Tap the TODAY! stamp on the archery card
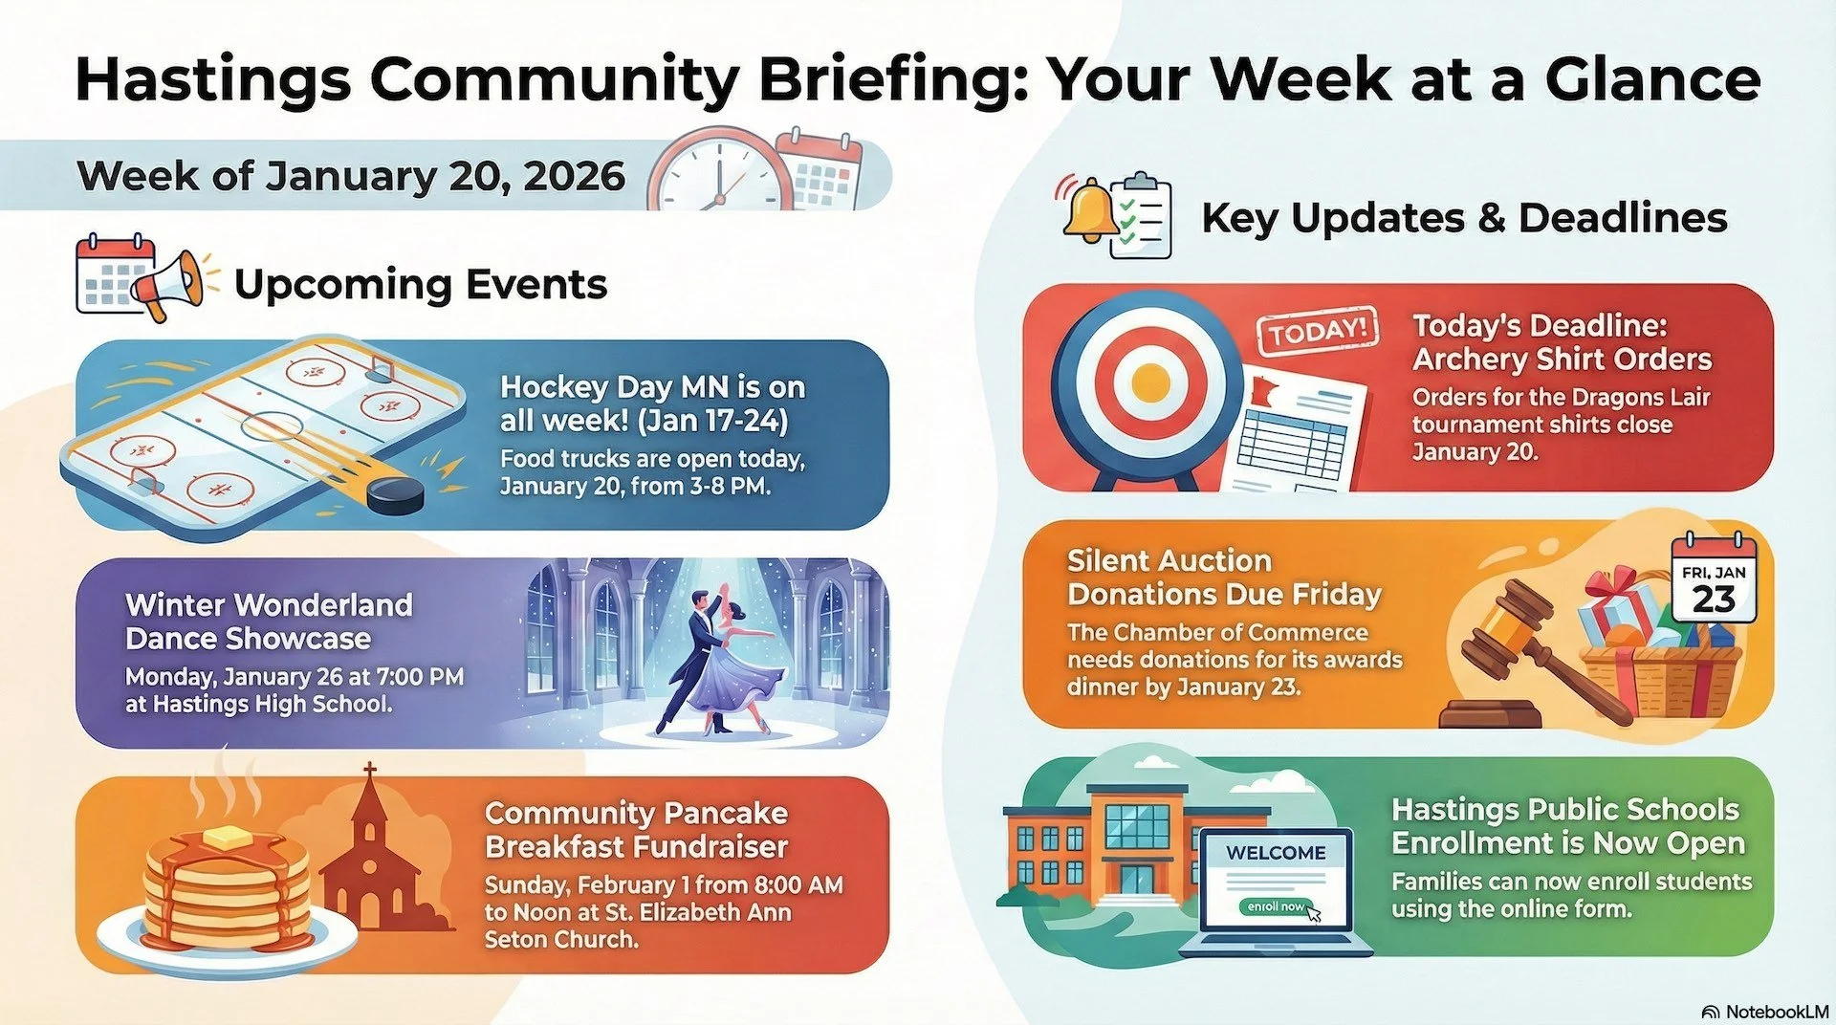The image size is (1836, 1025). coord(1318,332)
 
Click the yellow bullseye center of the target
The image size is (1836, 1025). coord(1150,383)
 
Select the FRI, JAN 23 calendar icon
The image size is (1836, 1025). coord(1714,583)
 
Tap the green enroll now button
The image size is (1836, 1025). coord(1277,905)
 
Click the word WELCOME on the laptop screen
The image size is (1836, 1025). coord(1276,853)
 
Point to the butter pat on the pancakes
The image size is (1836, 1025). coord(225,836)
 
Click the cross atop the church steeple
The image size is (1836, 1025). coord(369,771)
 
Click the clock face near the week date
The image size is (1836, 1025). coord(716,172)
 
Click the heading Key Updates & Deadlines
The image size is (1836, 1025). coord(1463,218)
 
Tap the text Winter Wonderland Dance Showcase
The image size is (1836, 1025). coord(269,622)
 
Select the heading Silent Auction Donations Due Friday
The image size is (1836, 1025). coord(1224,578)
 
